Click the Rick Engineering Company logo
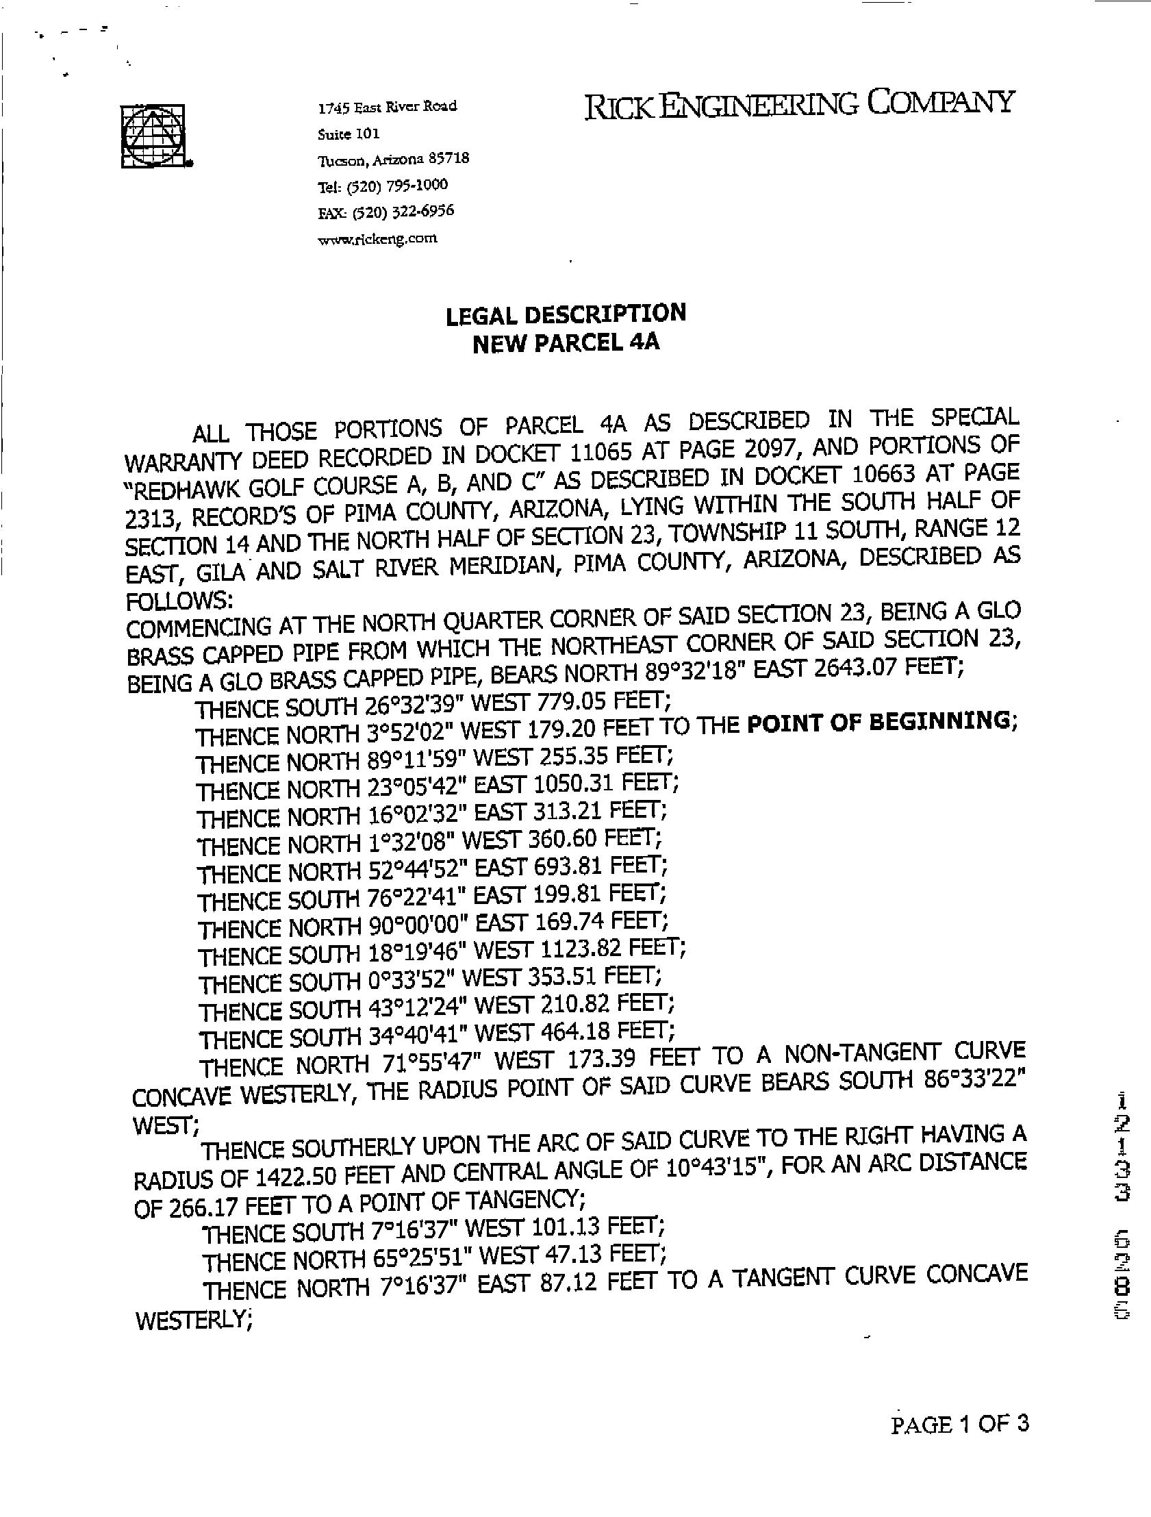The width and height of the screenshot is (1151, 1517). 155,135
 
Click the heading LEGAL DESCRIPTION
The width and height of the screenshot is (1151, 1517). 566,315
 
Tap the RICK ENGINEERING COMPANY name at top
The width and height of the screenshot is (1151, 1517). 798,104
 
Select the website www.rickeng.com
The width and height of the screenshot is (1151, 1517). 377,238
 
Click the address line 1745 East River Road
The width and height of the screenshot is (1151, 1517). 388,107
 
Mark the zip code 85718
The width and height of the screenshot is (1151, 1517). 448,158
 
